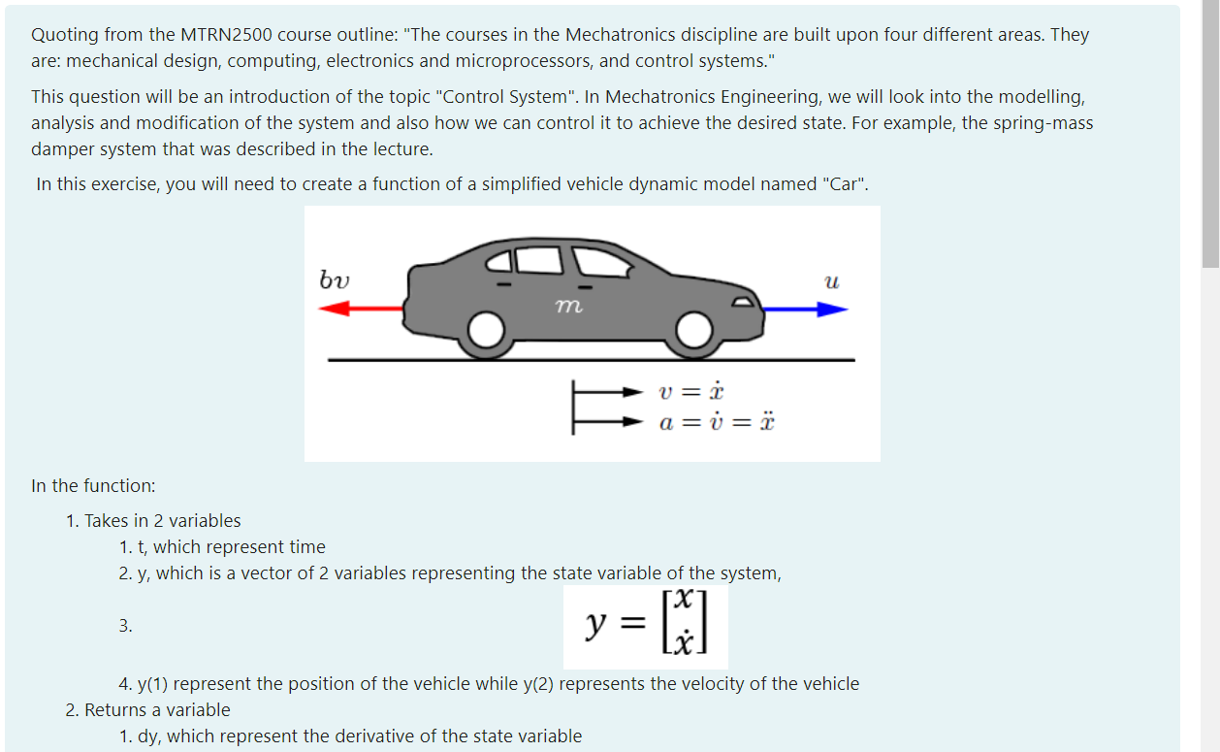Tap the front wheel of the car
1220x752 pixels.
(693, 331)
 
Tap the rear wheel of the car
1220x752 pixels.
(485, 331)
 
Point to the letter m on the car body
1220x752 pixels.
(568, 306)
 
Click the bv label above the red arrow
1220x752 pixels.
(335, 280)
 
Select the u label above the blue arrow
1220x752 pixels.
(830, 282)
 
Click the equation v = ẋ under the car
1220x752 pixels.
(690, 392)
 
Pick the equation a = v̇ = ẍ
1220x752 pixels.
(717, 423)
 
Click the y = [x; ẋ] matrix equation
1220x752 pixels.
(645, 626)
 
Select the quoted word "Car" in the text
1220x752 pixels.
(847, 184)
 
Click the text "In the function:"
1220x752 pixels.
(93, 485)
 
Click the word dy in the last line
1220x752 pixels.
(148, 736)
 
